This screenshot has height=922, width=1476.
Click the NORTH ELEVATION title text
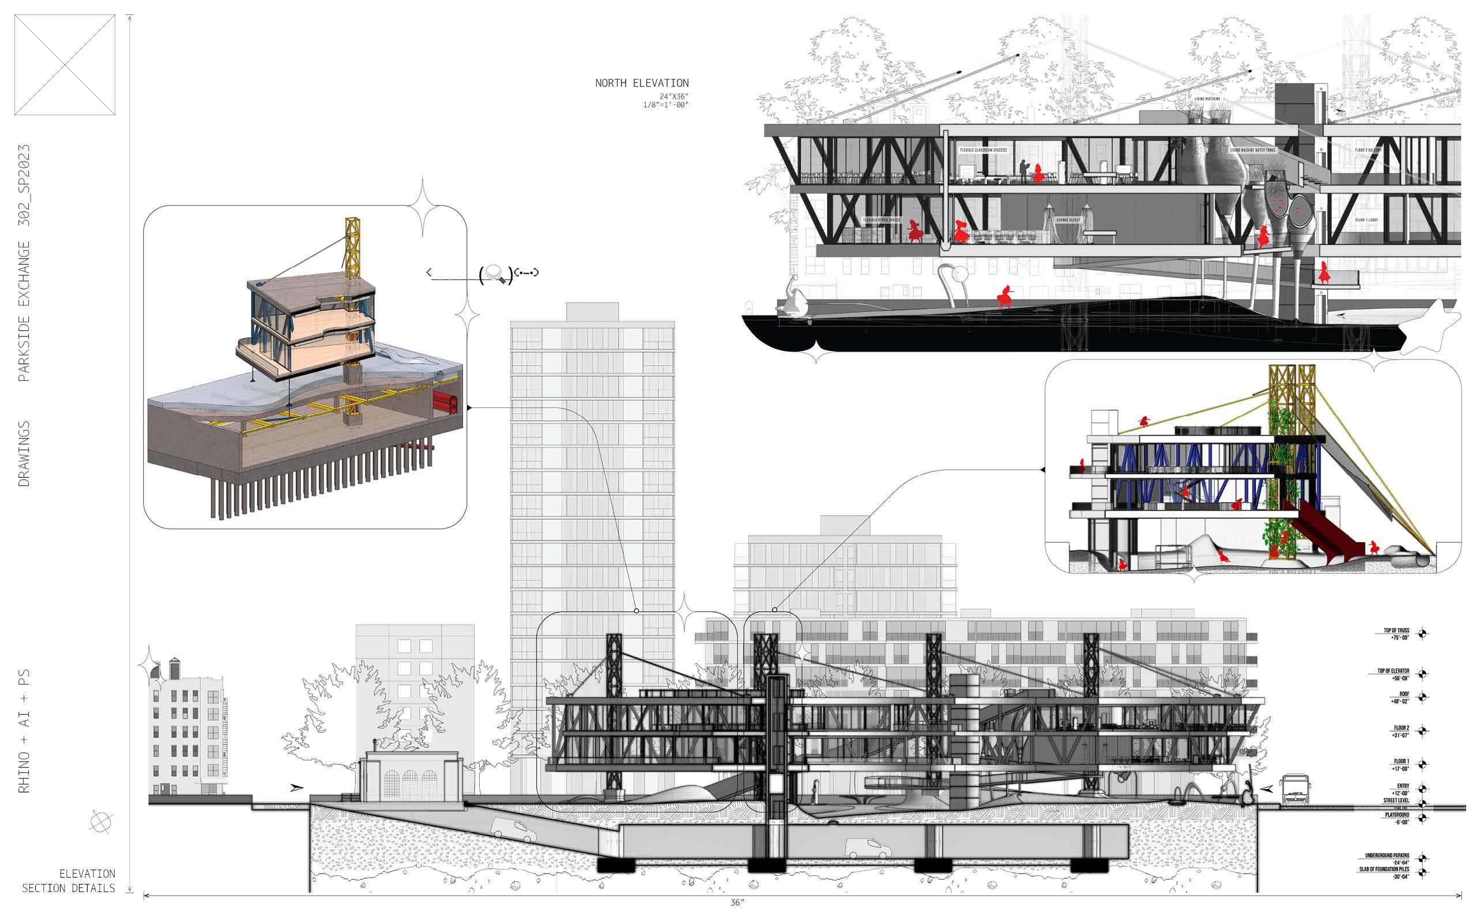[x=642, y=83]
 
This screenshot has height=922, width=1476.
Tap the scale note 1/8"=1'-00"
[x=665, y=105]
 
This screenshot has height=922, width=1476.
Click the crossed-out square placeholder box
[x=65, y=65]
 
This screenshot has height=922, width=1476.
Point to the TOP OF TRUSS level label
[x=1396, y=633]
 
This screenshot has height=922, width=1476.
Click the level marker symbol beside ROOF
[x=1422, y=697]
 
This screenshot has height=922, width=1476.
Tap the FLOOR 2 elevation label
[x=1400, y=731]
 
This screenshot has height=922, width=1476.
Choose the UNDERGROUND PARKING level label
[x=1387, y=859]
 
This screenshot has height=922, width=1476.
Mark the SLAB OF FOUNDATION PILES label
[x=1384, y=872]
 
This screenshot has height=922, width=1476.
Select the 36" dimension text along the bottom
[x=737, y=902]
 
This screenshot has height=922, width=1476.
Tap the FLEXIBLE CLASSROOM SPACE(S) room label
[x=983, y=150]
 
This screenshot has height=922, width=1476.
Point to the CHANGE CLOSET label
[x=1068, y=220]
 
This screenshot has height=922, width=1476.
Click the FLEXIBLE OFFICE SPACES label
[x=882, y=220]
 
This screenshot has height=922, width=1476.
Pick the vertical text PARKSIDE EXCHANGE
[x=23, y=311]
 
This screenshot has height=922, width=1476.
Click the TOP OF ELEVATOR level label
[x=1393, y=674]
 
